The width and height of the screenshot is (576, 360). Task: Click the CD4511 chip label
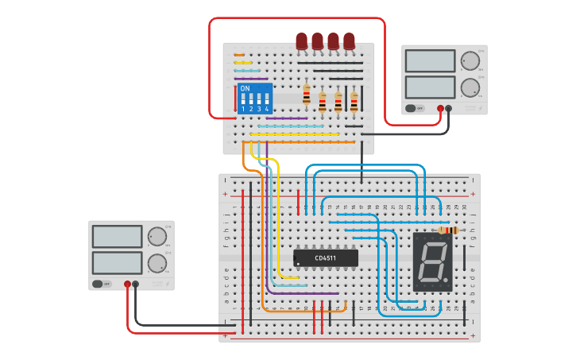pyautogui.click(x=325, y=258)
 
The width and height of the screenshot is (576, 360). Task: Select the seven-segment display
pyautogui.click(x=432, y=261)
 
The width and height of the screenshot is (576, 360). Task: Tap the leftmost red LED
pyautogui.click(x=301, y=41)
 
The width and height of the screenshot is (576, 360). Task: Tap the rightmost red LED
pyautogui.click(x=349, y=41)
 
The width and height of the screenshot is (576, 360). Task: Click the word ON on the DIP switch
pyautogui.click(x=245, y=88)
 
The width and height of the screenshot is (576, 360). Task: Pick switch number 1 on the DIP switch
pyautogui.click(x=243, y=100)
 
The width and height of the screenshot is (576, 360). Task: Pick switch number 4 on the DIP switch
pyautogui.click(x=266, y=100)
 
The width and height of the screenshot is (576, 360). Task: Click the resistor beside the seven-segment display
pyautogui.click(x=447, y=230)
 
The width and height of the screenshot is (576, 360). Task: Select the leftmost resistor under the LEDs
pyautogui.click(x=307, y=96)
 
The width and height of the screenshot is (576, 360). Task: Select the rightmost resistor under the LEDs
pyautogui.click(x=354, y=101)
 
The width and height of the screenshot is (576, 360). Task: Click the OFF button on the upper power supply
pyautogui.click(x=412, y=108)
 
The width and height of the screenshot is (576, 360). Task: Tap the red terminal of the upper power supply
pyautogui.click(x=440, y=108)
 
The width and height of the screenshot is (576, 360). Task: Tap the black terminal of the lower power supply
pyautogui.click(x=136, y=284)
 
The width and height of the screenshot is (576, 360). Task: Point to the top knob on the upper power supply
pyautogui.click(x=470, y=60)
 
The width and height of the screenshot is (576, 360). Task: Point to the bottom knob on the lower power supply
pyautogui.click(x=157, y=262)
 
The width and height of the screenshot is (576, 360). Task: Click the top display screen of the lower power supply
pyautogui.click(x=117, y=236)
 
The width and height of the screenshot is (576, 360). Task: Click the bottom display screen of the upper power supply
pyautogui.click(x=430, y=87)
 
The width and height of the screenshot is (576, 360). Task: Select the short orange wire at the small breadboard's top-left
pyautogui.click(x=239, y=55)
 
